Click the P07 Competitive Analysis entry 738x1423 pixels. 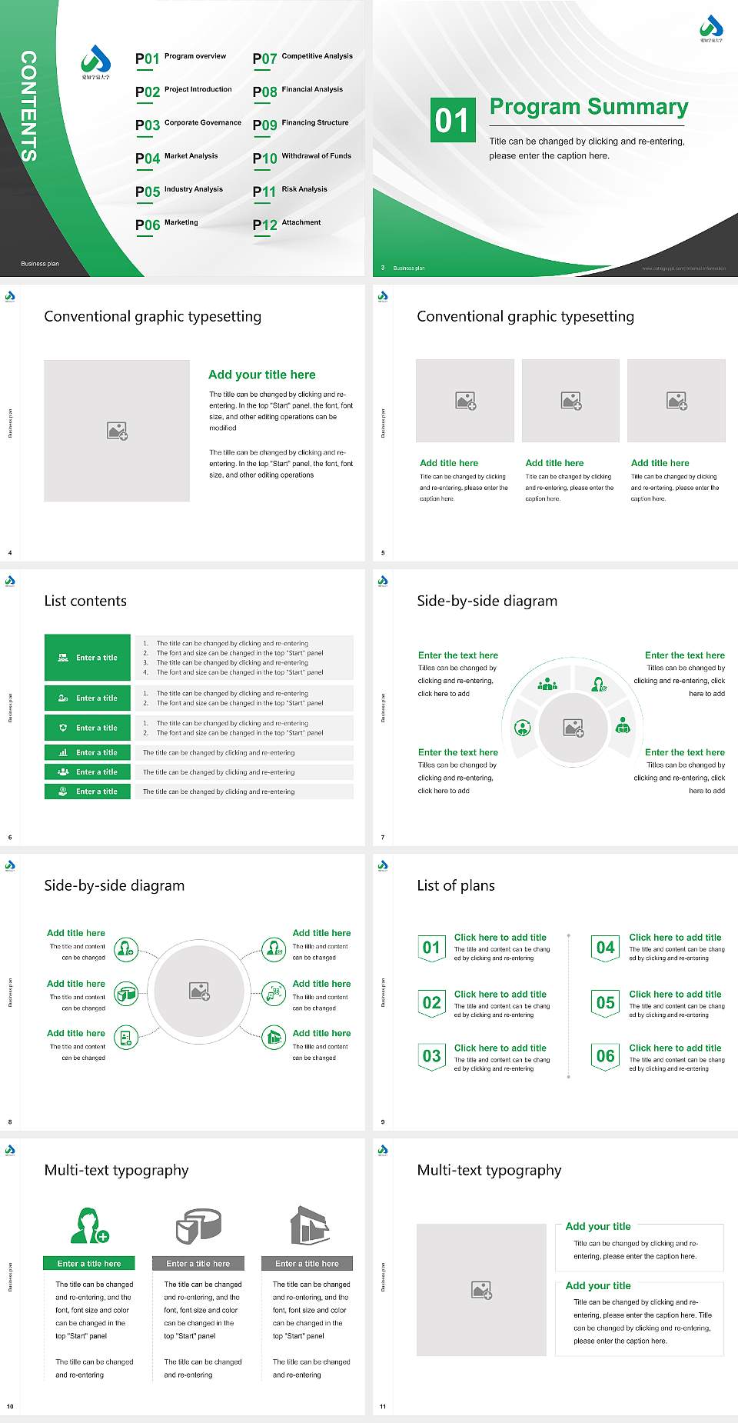click(302, 58)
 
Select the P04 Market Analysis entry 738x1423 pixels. click(176, 158)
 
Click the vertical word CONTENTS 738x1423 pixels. click(28, 106)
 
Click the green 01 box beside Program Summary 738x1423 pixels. click(452, 120)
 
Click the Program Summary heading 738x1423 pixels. click(588, 107)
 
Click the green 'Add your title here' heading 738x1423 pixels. click(261, 375)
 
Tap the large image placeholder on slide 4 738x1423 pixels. click(117, 431)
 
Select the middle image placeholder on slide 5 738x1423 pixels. click(570, 401)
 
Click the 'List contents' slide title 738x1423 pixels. click(85, 601)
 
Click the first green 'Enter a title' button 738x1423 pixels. click(88, 658)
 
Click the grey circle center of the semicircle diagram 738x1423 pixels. click(573, 728)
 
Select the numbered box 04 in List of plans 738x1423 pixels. click(605, 948)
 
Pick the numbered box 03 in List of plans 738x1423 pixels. click(431, 1056)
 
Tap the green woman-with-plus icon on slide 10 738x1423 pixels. click(89, 1226)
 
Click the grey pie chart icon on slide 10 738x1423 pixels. click(198, 1226)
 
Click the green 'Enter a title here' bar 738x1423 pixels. click(89, 1264)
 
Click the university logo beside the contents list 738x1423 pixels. click(95, 62)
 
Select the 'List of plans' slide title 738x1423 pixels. click(456, 885)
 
